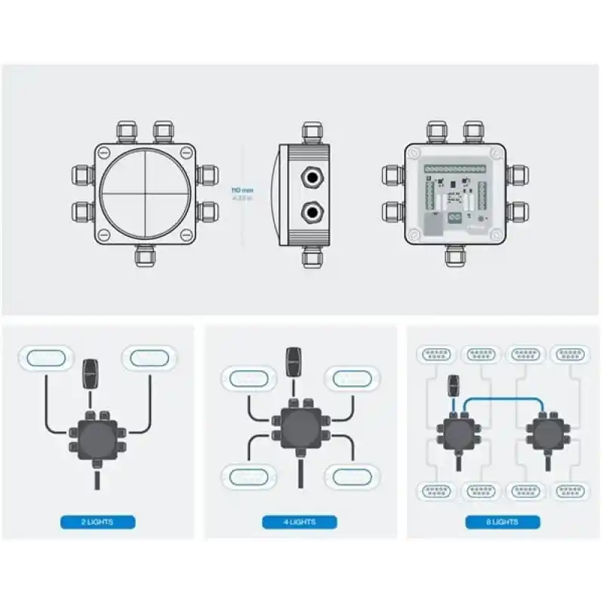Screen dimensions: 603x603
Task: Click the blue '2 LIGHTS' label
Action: (97, 522)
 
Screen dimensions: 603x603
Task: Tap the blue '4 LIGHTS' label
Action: (299, 522)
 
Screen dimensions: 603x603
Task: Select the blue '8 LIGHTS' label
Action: (502, 522)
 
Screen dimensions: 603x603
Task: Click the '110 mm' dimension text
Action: (243, 191)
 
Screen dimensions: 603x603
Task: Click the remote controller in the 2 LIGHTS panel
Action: (89, 372)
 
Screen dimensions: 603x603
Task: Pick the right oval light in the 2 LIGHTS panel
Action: (149, 357)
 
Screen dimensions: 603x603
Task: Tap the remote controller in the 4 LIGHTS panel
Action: (294, 360)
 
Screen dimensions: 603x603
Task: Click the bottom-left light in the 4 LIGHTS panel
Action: (246, 476)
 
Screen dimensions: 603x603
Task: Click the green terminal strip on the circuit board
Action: (455, 170)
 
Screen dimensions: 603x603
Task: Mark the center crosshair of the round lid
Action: (142, 191)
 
